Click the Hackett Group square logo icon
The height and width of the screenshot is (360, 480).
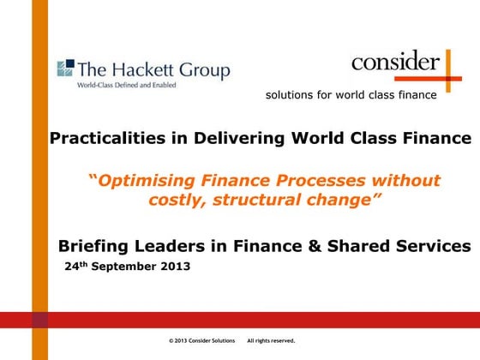pyautogui.click(x=64, y=68)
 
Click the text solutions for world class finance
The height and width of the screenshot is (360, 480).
pyautogui.click(x=351, y=94)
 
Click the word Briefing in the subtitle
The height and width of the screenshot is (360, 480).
pyautogui.click(x=93, y=247)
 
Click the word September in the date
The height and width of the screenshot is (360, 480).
pyautogui.click(x=129, y=267)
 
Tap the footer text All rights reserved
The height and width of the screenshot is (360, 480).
pyautogui.click(x=271, y=341)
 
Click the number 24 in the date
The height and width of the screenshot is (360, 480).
pyautogui.click(x=72, y=267)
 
